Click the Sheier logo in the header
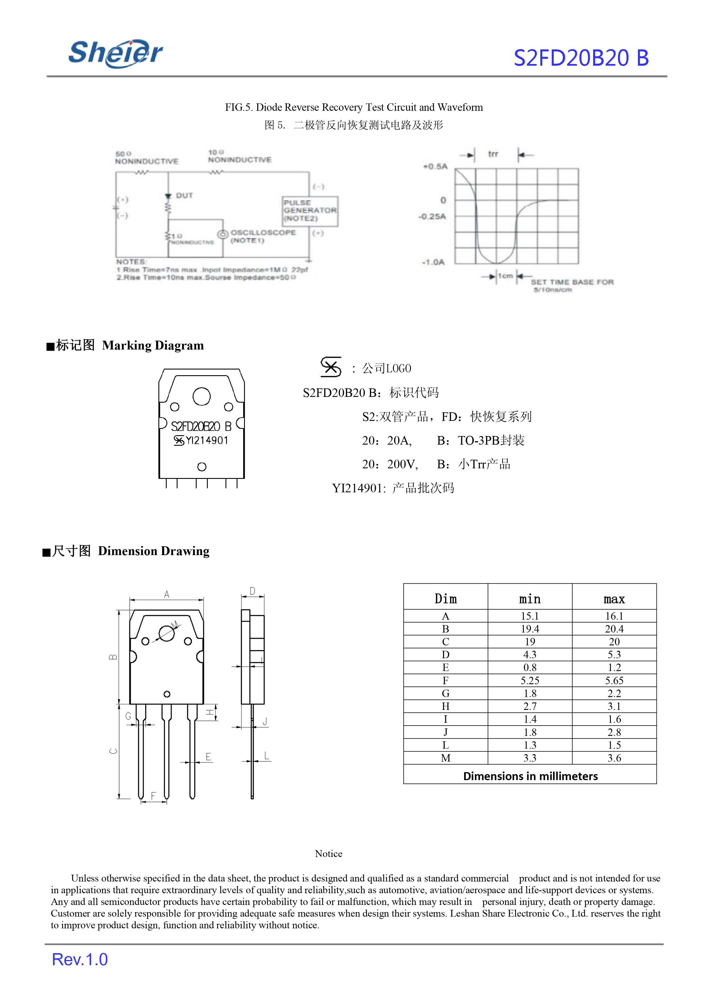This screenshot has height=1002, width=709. (x=115, y=53)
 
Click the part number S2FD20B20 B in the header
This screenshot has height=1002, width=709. (x=581, y=58)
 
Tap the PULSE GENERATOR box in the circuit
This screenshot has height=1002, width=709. (x=310, y=211)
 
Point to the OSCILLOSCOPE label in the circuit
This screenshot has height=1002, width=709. (x=263, y=232)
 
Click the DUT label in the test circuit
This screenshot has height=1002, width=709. (x=184, y=195)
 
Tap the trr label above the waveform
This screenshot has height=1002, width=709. (x=493, y=154)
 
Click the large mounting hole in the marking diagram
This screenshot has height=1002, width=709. (x=201, y=396)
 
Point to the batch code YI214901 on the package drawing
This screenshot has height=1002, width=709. (x=207, y=440)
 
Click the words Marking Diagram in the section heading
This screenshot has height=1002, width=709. (x=153, y=346)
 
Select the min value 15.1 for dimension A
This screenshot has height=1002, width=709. (x=529, y=616)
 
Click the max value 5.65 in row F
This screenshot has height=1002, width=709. (x=614, y=680)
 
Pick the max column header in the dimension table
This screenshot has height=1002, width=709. (x=614, y=599)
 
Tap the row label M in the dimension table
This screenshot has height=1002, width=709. (x=445, y=758)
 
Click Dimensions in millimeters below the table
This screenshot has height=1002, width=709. (x=530, y=776)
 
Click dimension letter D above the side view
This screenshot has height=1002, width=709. (x=252, y=591)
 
